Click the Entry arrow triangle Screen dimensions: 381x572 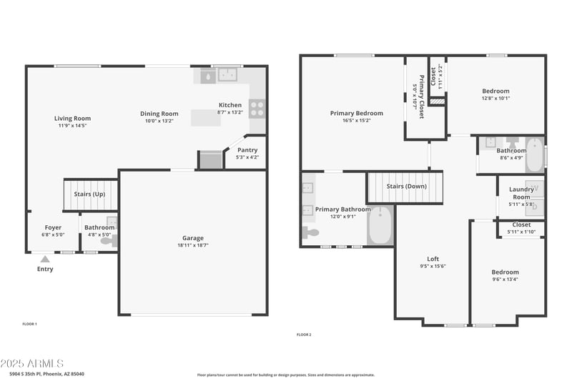click(x=45, y=259)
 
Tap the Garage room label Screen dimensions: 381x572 click(x=192, y=238)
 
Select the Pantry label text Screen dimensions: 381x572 click(x=247, y=150)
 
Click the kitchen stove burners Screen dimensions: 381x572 click(x=257, y=108)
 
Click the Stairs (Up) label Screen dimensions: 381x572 click(x=89, y=194)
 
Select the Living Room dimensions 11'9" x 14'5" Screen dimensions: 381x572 click(x=72, y=126)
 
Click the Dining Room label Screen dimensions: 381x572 click(x=159, y=114)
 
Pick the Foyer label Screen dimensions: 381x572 click(x=54, y=227)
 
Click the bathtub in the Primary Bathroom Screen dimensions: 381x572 click(x=380, y=226)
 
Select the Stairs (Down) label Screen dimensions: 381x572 click(x=405, y=187)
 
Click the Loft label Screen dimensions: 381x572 click(x=433, y=259)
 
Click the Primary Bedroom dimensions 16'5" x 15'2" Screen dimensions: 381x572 click(x=356, y=120)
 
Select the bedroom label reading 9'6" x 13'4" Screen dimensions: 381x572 click(x=505, y=279)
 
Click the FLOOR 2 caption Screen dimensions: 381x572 click(x=304, y=335)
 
